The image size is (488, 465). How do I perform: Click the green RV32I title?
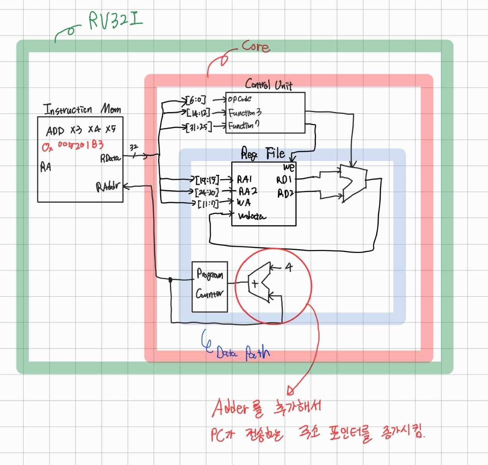pos(115,20)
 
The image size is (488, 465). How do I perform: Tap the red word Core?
pos(256,46)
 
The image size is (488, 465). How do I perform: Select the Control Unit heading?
pos(269,84)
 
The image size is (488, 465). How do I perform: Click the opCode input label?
pos(239,99)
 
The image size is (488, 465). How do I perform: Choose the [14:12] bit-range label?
pos(198,113)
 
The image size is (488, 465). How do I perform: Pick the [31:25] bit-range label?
pos(199,127)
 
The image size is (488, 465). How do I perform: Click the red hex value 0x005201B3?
pos(73,146)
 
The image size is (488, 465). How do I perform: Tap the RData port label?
pos(110,158)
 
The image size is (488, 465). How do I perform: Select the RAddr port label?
pos(107,186)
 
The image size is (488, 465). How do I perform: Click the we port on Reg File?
pos(289,167)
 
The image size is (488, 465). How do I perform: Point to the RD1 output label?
pos(284,180)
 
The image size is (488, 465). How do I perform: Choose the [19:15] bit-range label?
pos(207,180)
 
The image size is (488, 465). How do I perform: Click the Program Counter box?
pos(209,286)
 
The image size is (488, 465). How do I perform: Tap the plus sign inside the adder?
pos(255,284)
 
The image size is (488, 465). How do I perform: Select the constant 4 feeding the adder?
pos(289,267)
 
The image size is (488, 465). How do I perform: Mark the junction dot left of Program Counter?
pos(170,280)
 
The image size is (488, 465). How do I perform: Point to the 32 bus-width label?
pos(134,147)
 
